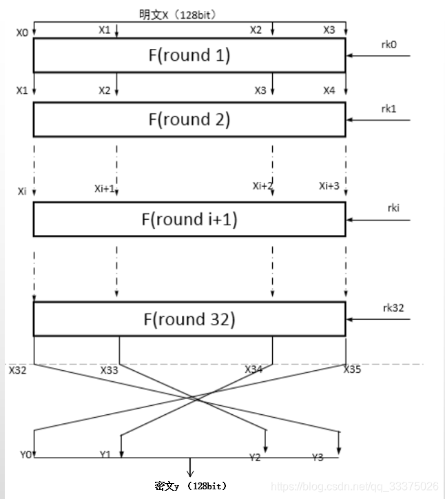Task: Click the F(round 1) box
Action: [189, 55]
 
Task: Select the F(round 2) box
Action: [189, 119]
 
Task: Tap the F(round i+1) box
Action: [189, 219]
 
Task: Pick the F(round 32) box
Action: [189, 319]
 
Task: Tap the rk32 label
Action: [393, 307]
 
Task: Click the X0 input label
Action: [23, 32]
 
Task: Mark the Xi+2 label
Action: [262, 185]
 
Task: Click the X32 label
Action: [18, 370]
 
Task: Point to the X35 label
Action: [352, 369]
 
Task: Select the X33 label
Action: [110, 370]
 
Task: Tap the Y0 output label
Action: [25, 454]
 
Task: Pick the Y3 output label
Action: [318, 457]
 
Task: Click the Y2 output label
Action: [255, 457]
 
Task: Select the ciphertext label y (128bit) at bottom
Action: [191, 485]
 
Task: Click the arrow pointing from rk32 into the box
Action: [379, 320]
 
